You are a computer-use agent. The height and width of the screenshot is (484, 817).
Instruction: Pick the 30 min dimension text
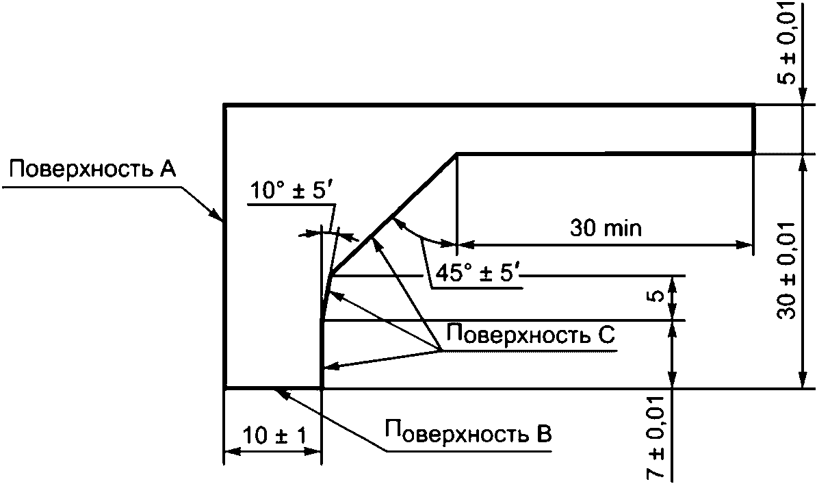point(606,228)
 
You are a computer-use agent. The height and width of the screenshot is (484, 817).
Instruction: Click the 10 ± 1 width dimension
point(273,436)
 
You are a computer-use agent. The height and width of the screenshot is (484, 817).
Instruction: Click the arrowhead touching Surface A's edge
point(218,216)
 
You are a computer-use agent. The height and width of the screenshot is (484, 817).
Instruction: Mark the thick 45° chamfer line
point(393,216)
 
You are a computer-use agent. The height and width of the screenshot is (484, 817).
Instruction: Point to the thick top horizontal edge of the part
point(489,105)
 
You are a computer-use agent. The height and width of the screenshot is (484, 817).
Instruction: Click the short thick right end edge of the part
point(753,129)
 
